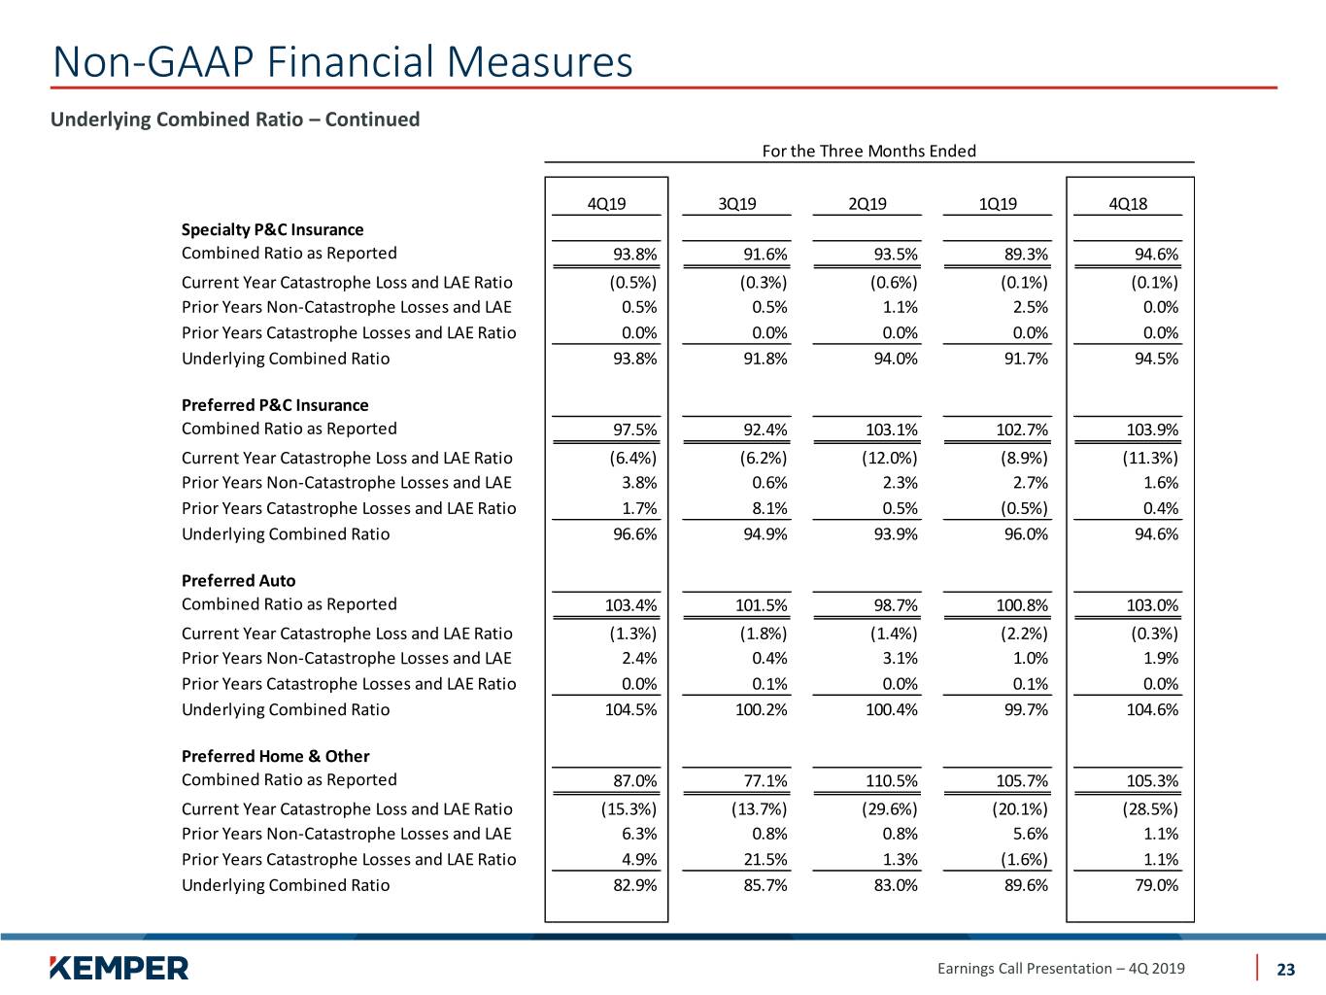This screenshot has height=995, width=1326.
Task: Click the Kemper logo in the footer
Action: (x=119, y=968)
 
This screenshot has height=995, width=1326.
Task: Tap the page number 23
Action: (x=1285, y=969)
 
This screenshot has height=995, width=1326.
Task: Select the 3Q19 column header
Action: (x=736, y=204)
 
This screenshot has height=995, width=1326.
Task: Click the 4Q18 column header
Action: (x=1128, y=204)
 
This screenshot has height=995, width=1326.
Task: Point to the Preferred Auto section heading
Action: (x=239, y=580)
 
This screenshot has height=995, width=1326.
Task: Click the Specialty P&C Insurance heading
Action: (x=272, y=229)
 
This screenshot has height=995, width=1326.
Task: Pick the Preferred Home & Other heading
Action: (x=276, y=756)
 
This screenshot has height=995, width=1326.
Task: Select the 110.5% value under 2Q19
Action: (x=892, y=781)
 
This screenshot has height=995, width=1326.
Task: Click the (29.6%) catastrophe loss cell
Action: (x=890, y=809)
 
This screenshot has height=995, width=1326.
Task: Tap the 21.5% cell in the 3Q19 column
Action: (x=765, y=859)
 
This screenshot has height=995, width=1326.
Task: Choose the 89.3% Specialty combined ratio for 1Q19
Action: (x=1026, y=255)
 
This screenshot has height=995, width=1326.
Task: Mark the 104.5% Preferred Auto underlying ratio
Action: (x=630, y=709)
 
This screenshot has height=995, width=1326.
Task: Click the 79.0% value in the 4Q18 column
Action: (x=1156, y=885)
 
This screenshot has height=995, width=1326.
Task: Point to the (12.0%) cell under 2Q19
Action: (x=890, y=458)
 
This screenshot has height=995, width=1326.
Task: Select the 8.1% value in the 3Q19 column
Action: (x=769, y=508)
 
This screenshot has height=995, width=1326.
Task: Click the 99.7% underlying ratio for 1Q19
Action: (x=1026, y=709)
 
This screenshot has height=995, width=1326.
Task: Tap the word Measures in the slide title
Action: (x=539, y=61)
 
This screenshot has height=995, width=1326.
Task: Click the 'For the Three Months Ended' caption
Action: (x=868, y=151)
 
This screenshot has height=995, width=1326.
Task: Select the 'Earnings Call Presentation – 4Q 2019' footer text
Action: (x=1061, y=969)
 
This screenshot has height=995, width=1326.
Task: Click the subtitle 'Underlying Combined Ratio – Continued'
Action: (x=235, y=120)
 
